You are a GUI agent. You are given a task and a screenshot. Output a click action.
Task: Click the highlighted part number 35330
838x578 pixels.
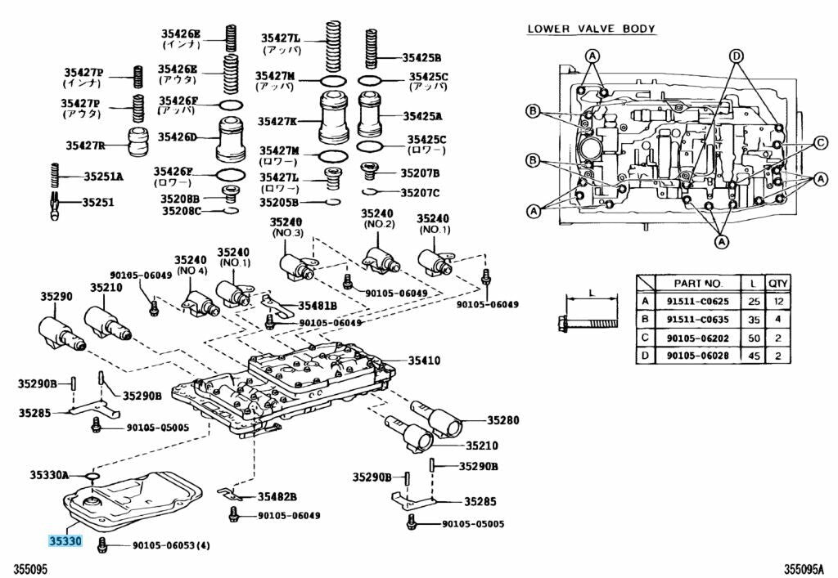65,541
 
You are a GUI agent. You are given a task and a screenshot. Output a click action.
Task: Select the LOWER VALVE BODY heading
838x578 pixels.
591,29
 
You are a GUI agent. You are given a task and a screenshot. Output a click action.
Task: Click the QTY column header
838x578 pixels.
777,283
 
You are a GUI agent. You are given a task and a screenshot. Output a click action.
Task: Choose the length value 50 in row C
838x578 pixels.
751,337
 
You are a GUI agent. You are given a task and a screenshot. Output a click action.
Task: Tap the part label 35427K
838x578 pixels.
278,121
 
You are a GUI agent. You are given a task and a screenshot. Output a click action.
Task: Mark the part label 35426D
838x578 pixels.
177,137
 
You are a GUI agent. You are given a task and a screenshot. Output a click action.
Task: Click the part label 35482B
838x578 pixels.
277,496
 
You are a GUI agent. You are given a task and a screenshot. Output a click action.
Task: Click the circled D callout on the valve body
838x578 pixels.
736,56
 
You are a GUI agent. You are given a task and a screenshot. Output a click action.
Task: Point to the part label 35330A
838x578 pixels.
50,474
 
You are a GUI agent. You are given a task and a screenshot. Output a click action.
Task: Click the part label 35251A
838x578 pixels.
103,176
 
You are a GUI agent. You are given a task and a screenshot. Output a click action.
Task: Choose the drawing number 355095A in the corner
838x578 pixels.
806,567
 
